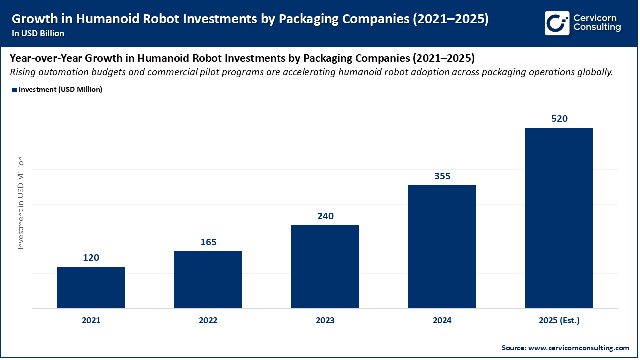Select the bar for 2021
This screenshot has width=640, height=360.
pos(91,287)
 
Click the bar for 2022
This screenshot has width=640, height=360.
pos(208,280)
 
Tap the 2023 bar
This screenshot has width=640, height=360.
pos(325,267)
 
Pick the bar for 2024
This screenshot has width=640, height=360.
pos(442,247)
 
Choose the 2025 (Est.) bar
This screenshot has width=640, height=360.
pos(559,218)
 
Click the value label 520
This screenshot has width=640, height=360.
pos(559,119)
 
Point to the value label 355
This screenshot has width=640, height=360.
pos(442,176)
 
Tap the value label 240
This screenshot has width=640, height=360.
pos(325,216)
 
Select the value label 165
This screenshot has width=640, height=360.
pos(208,242)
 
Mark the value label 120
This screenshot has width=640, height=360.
pos(91,258)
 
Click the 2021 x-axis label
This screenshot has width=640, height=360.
pos(91,321)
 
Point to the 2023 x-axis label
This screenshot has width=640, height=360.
pos(325,321)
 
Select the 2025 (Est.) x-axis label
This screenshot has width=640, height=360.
pos(559,321)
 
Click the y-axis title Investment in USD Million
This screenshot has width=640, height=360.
pos(21,203)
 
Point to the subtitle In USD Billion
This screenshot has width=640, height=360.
pos(38,33)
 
